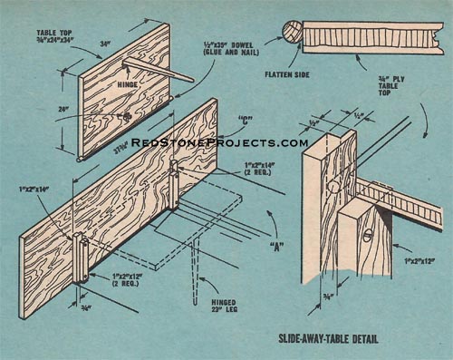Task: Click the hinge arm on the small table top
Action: (x=159, y=70)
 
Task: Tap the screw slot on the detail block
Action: (x=367, y=233)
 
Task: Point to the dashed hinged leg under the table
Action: (x=195, y=281)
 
